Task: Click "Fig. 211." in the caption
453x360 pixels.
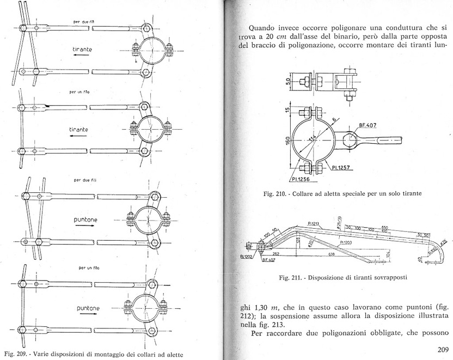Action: pos(290,277)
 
